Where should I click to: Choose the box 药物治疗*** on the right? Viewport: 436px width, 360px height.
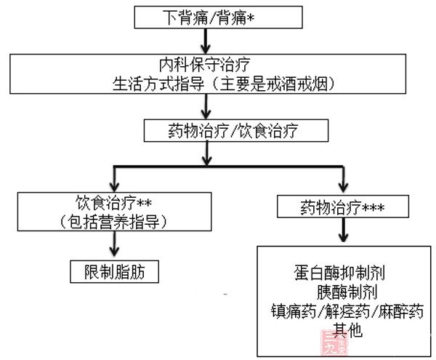339,208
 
